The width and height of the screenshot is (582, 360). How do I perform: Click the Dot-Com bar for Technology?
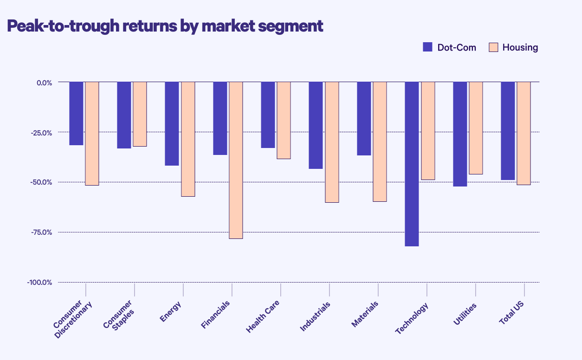coord(412,164)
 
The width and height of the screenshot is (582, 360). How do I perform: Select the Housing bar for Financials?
coord(236,160)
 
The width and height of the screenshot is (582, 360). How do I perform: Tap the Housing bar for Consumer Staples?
coord(140,114)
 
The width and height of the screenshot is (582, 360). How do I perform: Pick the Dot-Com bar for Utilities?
coord(460,134)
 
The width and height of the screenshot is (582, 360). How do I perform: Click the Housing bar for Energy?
coord(188,139)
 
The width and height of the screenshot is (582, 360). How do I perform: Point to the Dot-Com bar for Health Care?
coord(268,115)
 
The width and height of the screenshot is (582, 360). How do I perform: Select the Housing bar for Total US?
coord(524,134)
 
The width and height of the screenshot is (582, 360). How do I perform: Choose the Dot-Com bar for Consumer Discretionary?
coord(76,114)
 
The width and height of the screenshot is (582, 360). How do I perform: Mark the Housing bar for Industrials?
coord(332,142)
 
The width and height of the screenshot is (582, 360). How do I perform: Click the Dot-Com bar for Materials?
coord(364,119)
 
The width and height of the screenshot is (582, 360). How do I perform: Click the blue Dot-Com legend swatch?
coord(427,47)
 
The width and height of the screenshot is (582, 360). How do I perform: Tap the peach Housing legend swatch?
coord(493,47)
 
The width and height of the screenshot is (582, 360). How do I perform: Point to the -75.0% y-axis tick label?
coord(40,232)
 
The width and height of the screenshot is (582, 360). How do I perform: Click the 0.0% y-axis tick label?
coord(45,83)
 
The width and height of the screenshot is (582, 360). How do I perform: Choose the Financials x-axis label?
coord(216,315)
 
